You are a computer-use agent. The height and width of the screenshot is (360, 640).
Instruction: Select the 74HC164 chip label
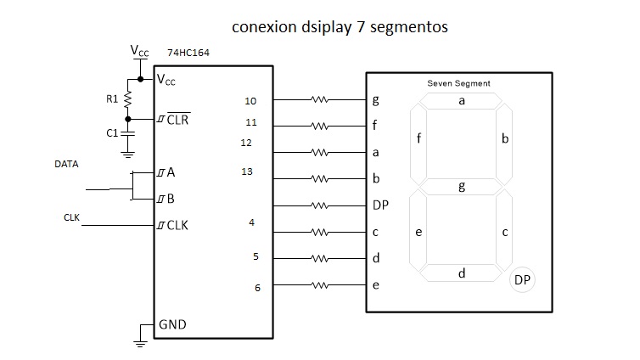click(188, 53)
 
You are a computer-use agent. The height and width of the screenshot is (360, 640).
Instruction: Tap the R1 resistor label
click(112, 99)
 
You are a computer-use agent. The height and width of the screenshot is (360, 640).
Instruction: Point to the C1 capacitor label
click(112, 133)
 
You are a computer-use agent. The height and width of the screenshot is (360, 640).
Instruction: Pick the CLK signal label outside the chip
click(72, 217)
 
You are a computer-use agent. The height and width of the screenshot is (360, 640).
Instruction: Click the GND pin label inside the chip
click(172, 324)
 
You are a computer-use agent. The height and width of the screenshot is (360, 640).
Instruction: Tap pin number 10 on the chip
click(250, 101)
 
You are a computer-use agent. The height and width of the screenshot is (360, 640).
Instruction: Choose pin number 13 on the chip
click(247, 172)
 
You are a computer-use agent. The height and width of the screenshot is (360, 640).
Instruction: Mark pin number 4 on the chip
click(252, 223)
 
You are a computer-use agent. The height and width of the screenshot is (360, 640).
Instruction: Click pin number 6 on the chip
click(257, 288)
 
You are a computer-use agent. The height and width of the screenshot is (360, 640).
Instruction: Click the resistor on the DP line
click(319, 205)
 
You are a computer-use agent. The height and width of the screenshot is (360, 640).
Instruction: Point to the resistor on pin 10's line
click(319, 99)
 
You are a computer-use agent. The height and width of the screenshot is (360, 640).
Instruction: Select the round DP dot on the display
click(522, 280)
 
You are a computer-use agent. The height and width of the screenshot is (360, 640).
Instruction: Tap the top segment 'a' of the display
click(462, 100)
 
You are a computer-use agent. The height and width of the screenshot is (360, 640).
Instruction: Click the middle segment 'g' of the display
click(462, 187)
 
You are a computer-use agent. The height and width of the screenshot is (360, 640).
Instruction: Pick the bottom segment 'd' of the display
click(462, 273)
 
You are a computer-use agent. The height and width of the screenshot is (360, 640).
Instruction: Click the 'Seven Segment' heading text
click(458, 83)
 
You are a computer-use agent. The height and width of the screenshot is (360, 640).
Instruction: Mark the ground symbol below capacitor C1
click(128, 154)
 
